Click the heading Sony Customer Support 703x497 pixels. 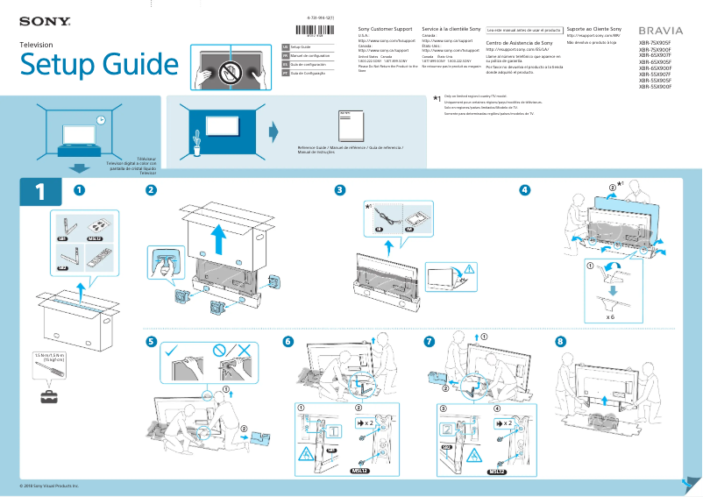point(387,30)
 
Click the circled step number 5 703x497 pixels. point(151,341)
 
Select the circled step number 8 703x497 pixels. point(560,341)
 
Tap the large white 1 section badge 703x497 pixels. point(39,192)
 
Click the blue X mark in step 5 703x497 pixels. point(246,351)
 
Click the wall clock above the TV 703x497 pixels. point(101,121)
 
